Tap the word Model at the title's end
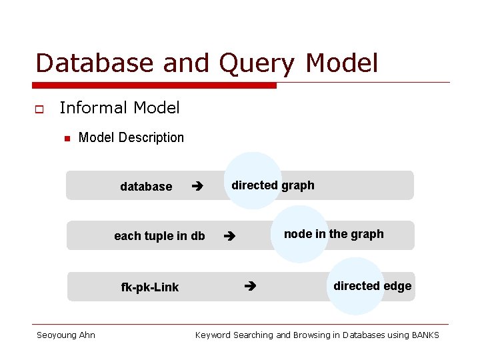pyautogui.click(x=341, y=63)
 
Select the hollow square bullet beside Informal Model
pyautogui.click(x=39, y=109)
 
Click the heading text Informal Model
pyautogui.click(x=119, y=107)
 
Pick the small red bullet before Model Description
pyautogui.click(x=67, y=139)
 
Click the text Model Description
pyautogui.click(x=131, y=138)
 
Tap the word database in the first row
pyautogui.click(x=146, y=187)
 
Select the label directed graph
pyautogui.click(x=273, y=185)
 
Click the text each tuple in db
pyautogui.click(x=159, y=236)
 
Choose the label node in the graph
pyautogui.click(x=333, y=234)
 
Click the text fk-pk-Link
pyautogui.click(x=149, y=287)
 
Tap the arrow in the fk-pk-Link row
pyautogui.click(x=250, y=287)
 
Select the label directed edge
pyautogui.click(x=372, y=286)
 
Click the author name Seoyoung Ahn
pyautogui.click(x=65, y=335)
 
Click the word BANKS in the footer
pyautogui.click(x=425, y=335)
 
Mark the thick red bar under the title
pyautogui.click(x=154, y=85)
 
